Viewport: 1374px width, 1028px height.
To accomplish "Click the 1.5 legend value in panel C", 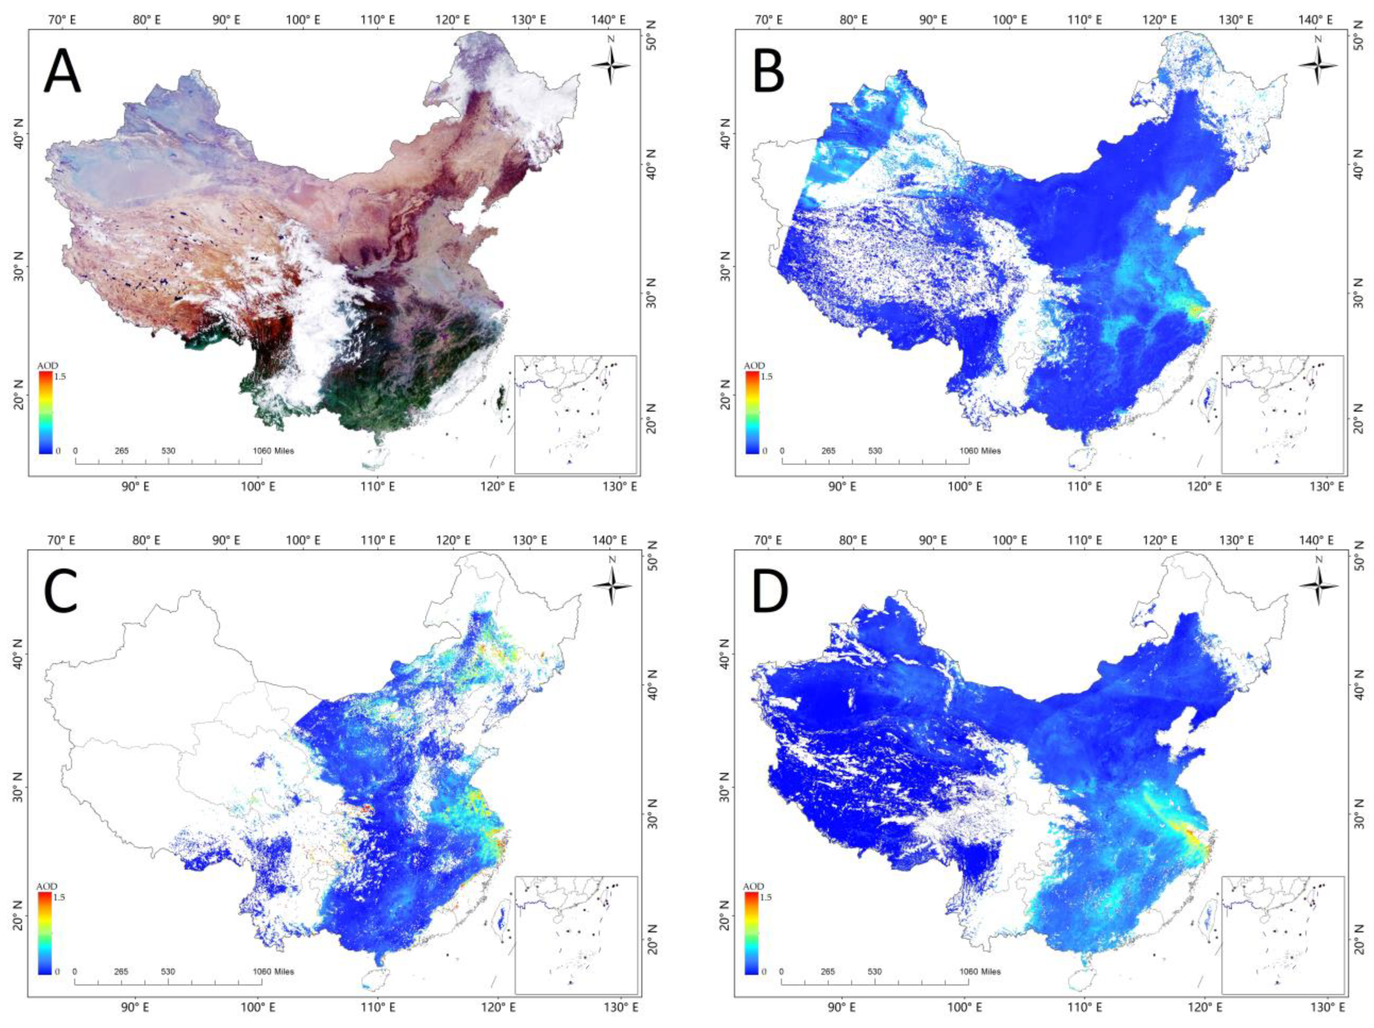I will (60, 897).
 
